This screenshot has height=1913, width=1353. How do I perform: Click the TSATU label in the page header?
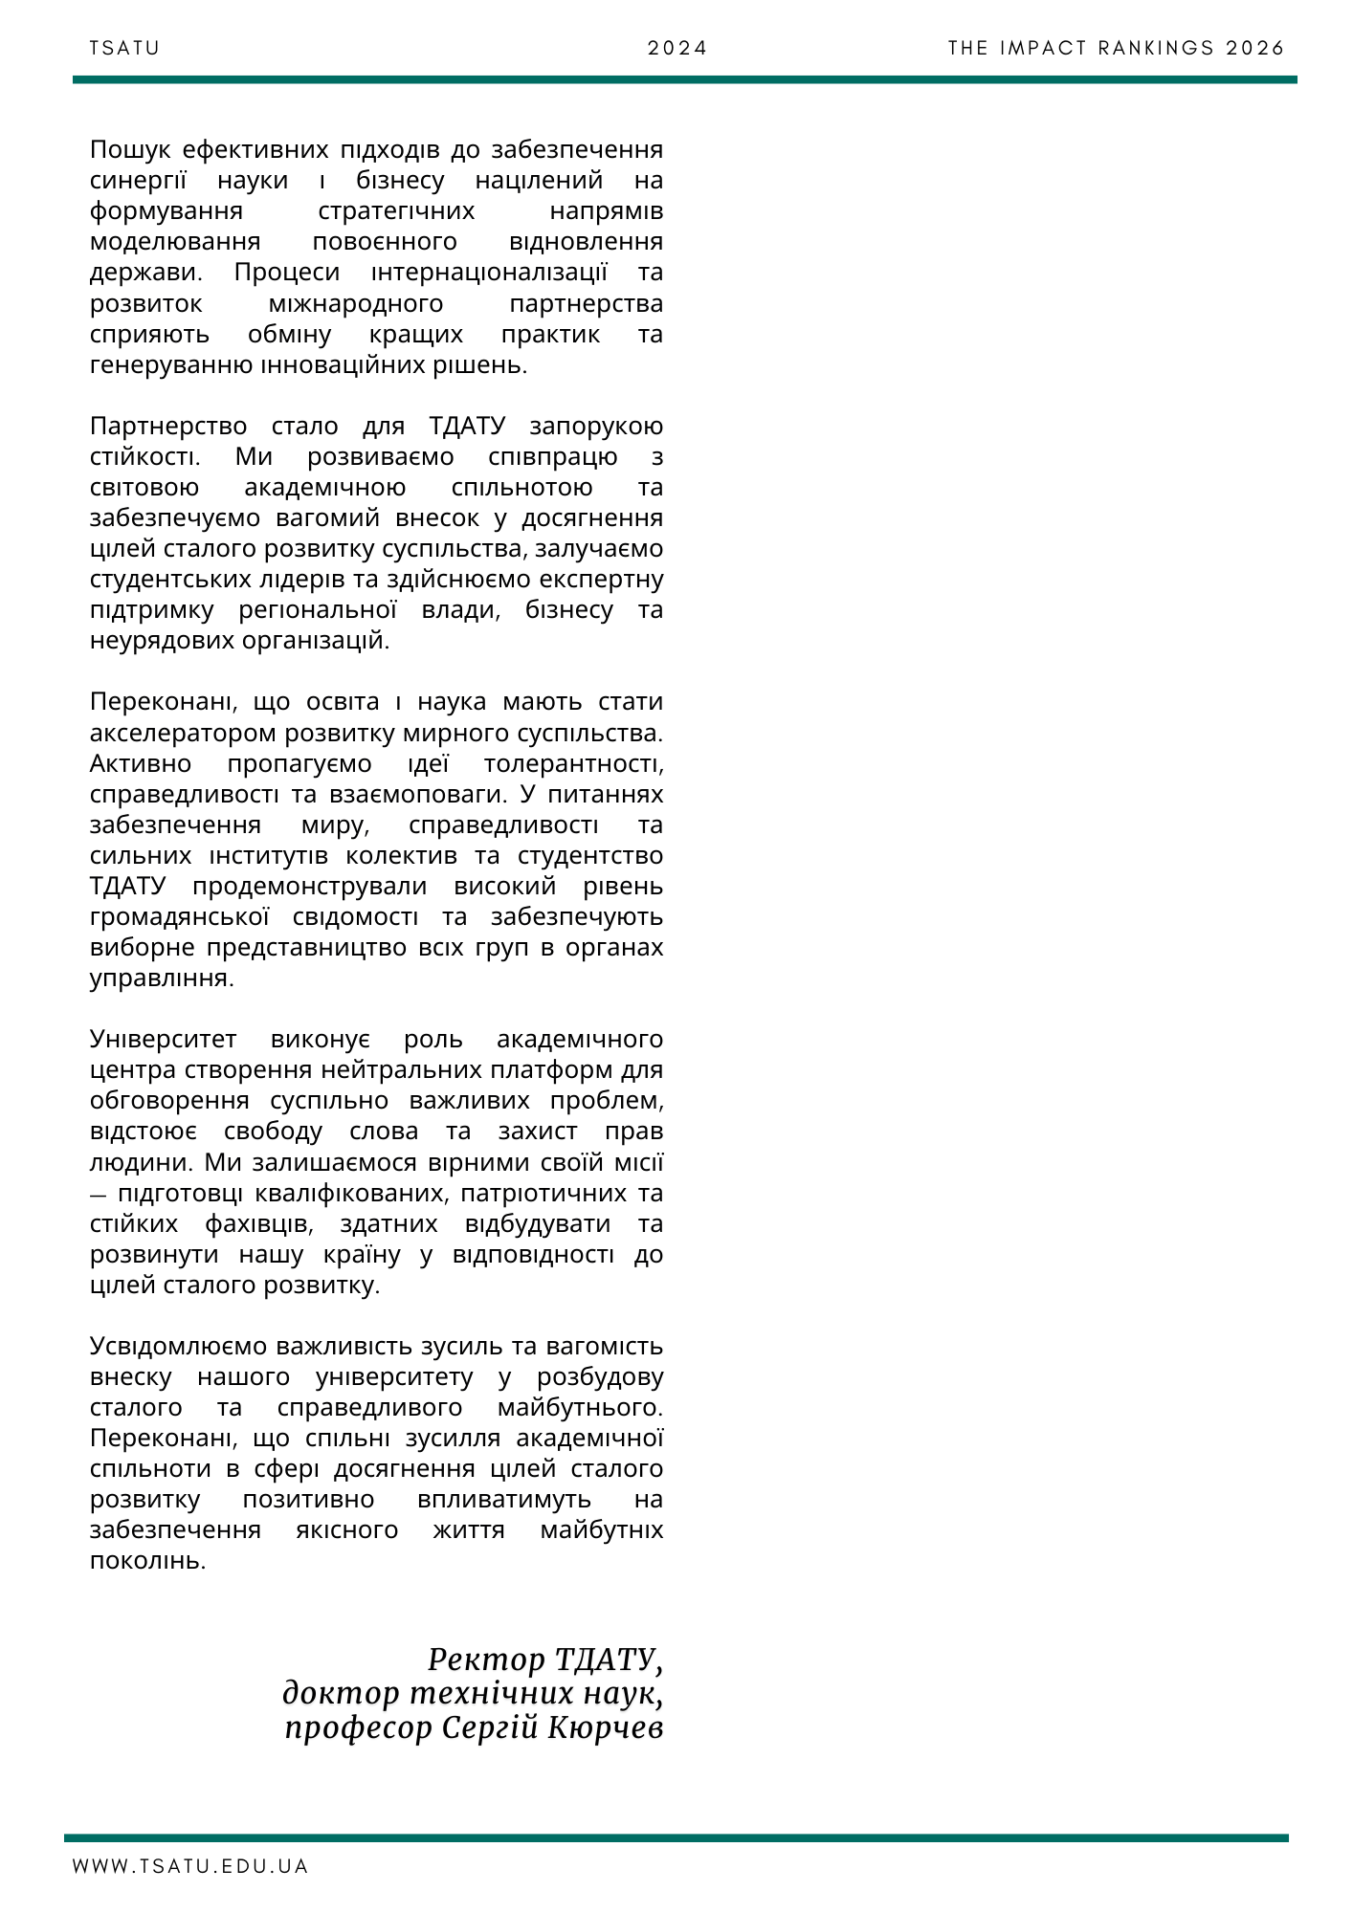(x=124, y=48)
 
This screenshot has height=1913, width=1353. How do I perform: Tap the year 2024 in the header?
(x=676, y=48)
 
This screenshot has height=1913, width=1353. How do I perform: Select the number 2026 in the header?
(x=1255, y=48)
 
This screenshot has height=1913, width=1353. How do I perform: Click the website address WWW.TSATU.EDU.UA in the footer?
(x=190, y=1866)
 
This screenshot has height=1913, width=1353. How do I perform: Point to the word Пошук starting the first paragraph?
(x=130, y=150)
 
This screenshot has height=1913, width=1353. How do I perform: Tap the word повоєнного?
(x=385, y=242)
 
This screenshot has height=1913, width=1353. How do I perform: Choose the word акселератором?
(x=177, y=734)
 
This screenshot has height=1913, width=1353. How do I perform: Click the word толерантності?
(x=572, y=764)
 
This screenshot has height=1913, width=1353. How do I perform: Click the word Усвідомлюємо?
(x=179, y=1347)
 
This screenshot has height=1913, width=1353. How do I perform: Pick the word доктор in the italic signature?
(x=341, y=1694)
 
